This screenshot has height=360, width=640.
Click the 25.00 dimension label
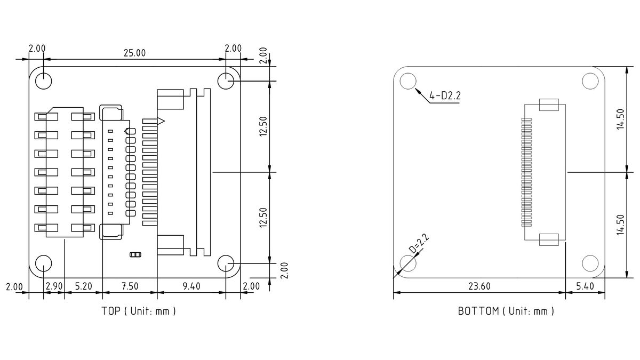(x=134, y=53)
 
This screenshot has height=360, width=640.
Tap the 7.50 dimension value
(x=130, y=286)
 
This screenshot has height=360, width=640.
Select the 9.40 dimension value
(x=191, y=286)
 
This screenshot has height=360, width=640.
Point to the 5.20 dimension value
(x=83, y=286)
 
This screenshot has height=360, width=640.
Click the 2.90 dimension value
(x=54, y=286)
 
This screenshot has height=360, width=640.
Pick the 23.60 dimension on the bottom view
(x=479, y=286)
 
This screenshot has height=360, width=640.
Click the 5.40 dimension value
(x=585, y=286)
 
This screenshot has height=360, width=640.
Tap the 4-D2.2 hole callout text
(x=445, y=95)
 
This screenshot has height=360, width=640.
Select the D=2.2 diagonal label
(x=419, y=244)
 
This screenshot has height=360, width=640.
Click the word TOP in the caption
(x=111, y=311)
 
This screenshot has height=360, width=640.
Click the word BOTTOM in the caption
(x=478, y=311)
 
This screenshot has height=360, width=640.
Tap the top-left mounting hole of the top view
(x=43, y=81)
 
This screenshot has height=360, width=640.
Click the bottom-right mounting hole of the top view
(x=226, y=263)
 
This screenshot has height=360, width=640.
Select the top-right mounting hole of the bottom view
(x=590, y=81)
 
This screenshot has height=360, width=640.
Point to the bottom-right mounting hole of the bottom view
(x=590, y=263)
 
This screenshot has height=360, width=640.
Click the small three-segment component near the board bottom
(x=135, y=254)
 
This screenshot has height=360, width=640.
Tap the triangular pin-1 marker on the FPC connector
(x=161, y=122)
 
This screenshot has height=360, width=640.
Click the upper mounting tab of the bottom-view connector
(x=549, y=105)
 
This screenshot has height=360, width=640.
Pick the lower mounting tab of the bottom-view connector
(x=549, y=239)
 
